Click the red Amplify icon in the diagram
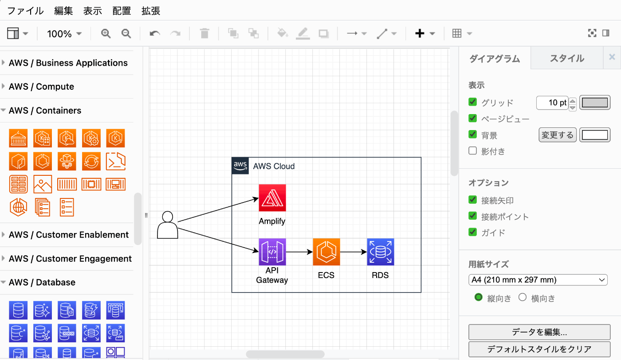pyautogui.click(x=272, y=198)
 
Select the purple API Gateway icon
pyautogui.click(x=272, y=252)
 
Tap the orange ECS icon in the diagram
pyautogui.click(x=326, y=252)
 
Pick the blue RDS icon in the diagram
pyautogui.click(x=381, y=252)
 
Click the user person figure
pyautogui.click(x=168, y=225)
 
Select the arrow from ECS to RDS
pyautogui.click(x=354, y=252)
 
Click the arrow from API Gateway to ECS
pyautogui.click(x=299, y=252)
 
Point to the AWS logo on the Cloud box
pyautogui.click(x=240, y=166)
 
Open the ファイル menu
pyautogui.click(x=25, y=11)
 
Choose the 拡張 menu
pyautogui.click(x=151, y=11)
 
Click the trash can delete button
pyautogui.click(x=204, y=33)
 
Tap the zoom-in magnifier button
pyautogui.click(x=106, y=33)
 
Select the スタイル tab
pyautogui.click(x=567, y=58)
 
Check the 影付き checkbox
pyautogui.click(x=473, y=151)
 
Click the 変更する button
pyautogui.click(x=558, y=135)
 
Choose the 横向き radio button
pyautogui.click(x=523, y=297)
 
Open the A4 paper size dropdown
pyautogui.click(x=538, y=280)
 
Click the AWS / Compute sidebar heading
pyautogui.click(x=41, y=87)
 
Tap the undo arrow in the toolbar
pyautogui.click(x=155, y=33)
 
